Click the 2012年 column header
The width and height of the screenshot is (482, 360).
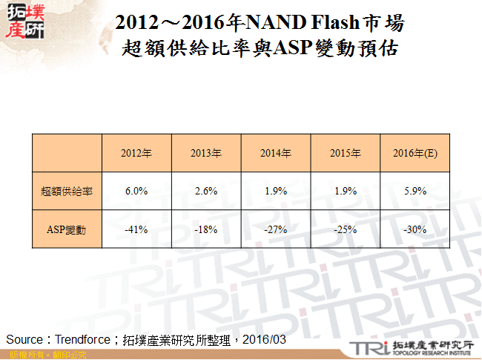(x=136, y=154)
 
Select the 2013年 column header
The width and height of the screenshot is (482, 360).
(x=205, y=154)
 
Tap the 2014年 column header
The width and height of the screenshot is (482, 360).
(x=275, y=154)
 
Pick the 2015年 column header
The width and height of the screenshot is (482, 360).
(x=345, y=154)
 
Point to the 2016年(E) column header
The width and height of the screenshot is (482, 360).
(x=415, y=154)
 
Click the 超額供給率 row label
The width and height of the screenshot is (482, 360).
(x=67, y=192)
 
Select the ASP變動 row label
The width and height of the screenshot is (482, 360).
(x=67, y=230)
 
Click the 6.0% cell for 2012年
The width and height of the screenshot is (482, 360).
(x=136, y=192)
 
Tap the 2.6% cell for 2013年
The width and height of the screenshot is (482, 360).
(x=205, y=192)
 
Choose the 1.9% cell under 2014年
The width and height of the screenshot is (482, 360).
(x=275, y=192)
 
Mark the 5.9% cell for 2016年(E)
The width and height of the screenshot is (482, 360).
(x=415, y=192)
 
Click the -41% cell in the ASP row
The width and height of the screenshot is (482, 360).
(x=136, y=230)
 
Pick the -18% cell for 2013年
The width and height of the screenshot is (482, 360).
(x=205, y=230)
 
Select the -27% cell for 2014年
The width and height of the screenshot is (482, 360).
(x=275, y=230)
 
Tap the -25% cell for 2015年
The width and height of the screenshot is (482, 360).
(x=345, y=230)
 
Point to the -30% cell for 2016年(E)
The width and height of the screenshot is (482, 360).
(x=415, y=230)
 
